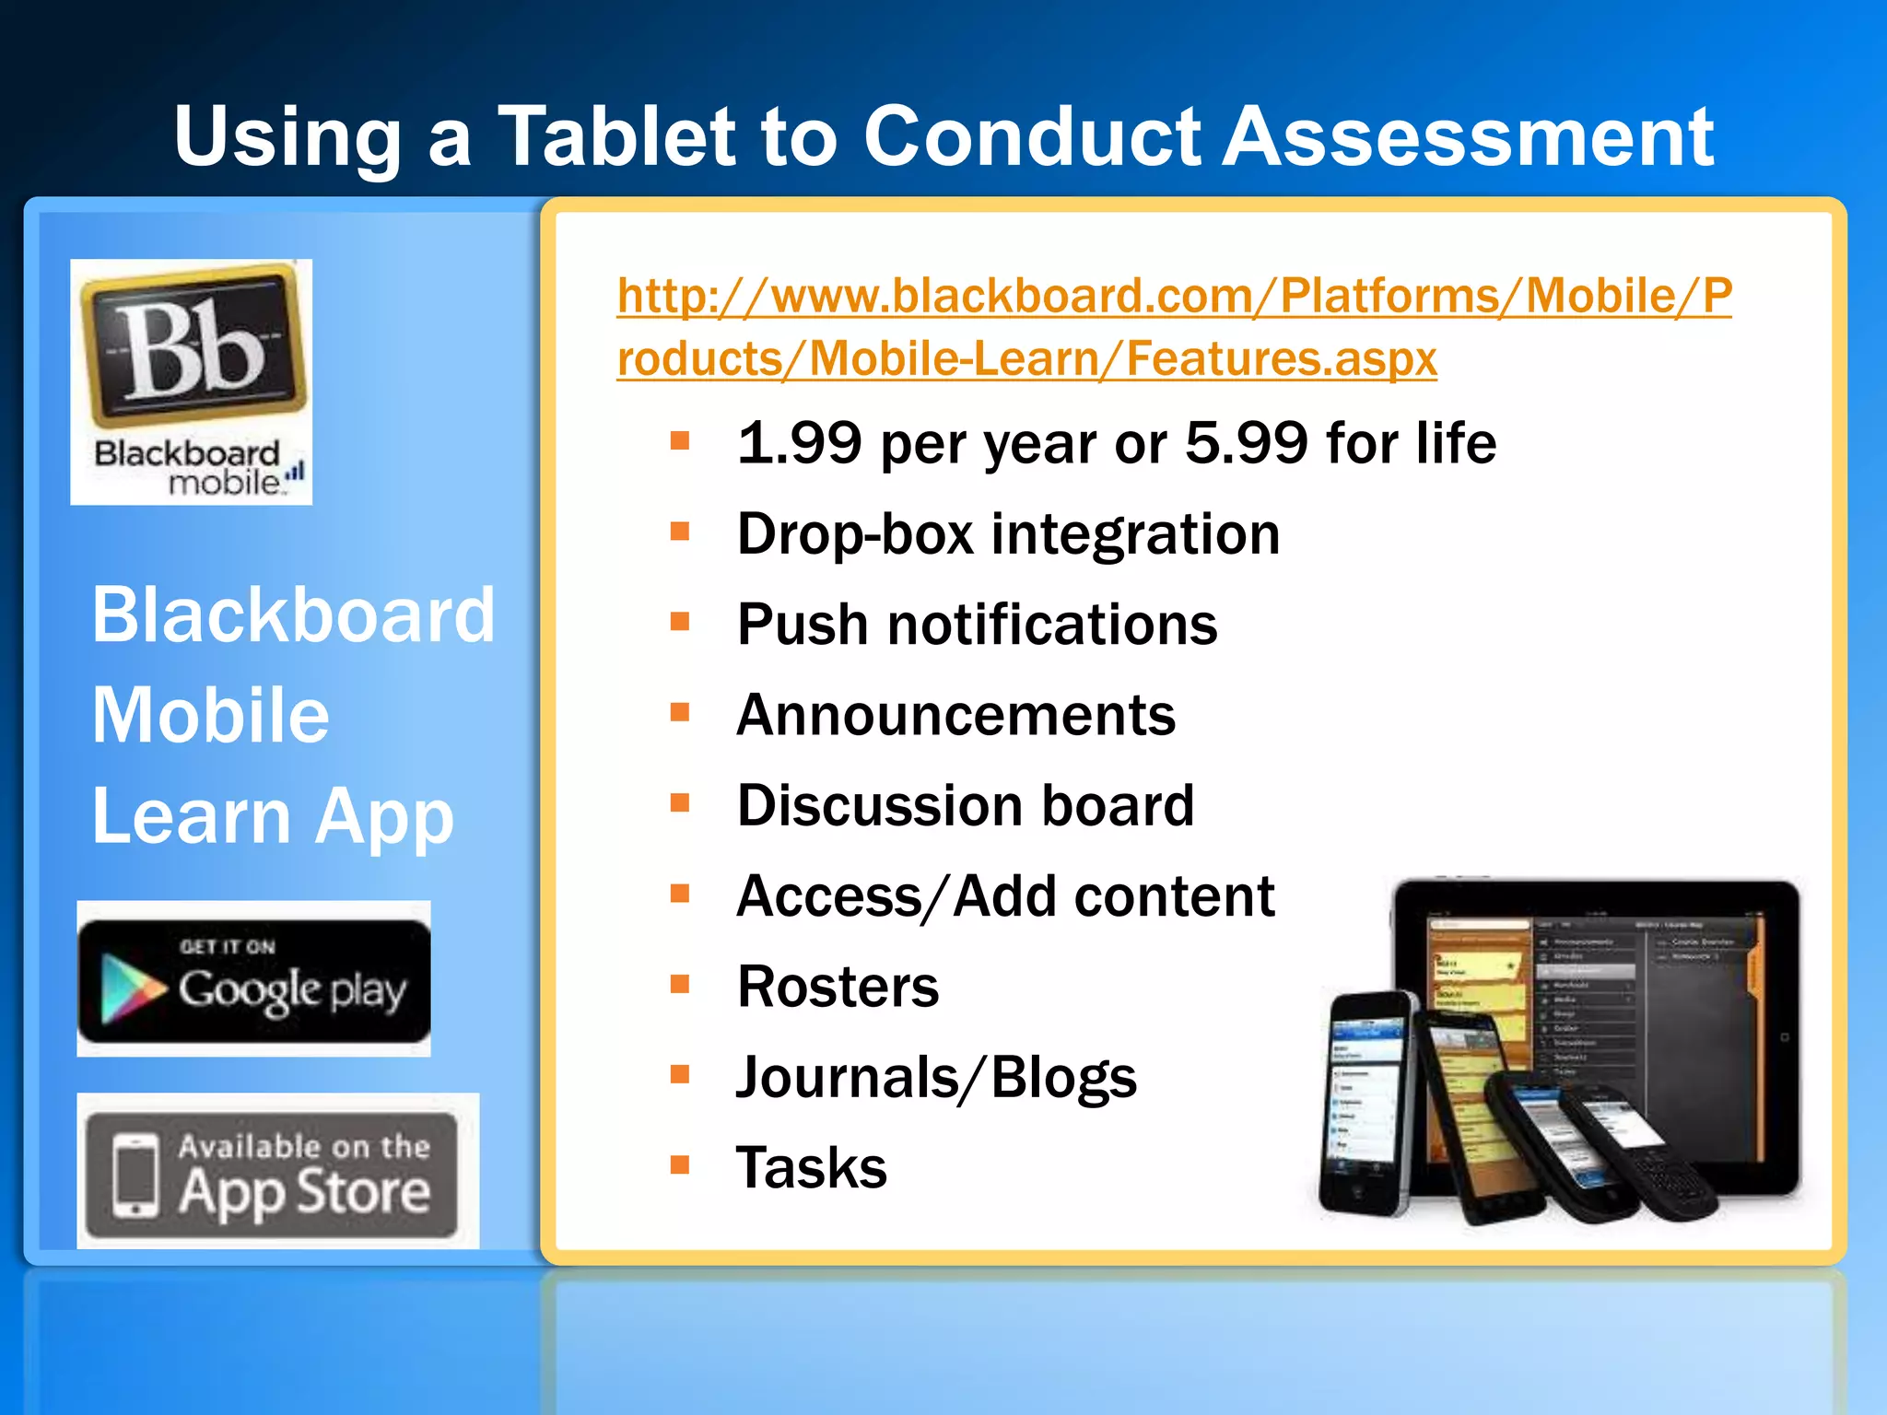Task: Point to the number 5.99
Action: pyautogui.click(x=1246, y=443)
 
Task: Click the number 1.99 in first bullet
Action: pyautogui.click(x=800, y=443)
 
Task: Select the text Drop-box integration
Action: pyautogui.click(x=1008, y=533)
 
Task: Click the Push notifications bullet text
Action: pyautogui.click(x=977, y=625)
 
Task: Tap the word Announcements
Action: pyautogui.click(x=955, y=715)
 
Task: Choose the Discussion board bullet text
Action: pyautogui.click(x=965, y=805)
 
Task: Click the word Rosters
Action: pyautogui.click(x=838, y=987)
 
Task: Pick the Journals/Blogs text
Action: pyautogui.click(x=936, y=1077)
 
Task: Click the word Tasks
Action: pyautogui.click(x=811, y=1167)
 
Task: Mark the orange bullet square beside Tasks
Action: pyautogui.click(x=680, y=1164)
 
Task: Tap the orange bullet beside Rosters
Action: pyautogui.click(x=680, y=984)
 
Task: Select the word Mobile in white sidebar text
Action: pyautogui.click(x=210, y=716)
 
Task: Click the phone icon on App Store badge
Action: pyautogui.click(x=135, y=1175)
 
